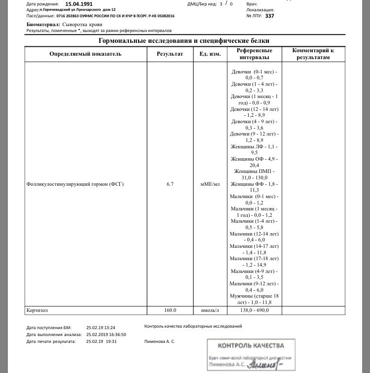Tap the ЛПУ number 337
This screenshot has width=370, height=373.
coord(269,16)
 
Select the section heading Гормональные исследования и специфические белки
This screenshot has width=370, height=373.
coord(184,40)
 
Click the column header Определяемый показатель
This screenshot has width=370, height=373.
coord(85,54)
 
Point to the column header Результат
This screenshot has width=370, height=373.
coord(170,54)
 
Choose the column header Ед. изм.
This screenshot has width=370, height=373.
coord(210,54)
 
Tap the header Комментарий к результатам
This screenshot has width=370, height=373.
coord(313,54)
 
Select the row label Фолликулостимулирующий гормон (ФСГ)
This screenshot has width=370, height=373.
coord(75,184)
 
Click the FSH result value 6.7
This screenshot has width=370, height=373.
coord(170,184)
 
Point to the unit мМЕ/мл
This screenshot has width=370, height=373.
coord(210,184)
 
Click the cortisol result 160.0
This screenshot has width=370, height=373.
coord(170,310)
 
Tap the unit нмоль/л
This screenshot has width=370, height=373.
coord(210,310)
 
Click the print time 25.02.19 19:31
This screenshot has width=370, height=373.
coord(101,341)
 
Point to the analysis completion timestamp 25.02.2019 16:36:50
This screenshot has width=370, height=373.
coord(105,334)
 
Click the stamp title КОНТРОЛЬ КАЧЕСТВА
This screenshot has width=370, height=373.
coord(251,346)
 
